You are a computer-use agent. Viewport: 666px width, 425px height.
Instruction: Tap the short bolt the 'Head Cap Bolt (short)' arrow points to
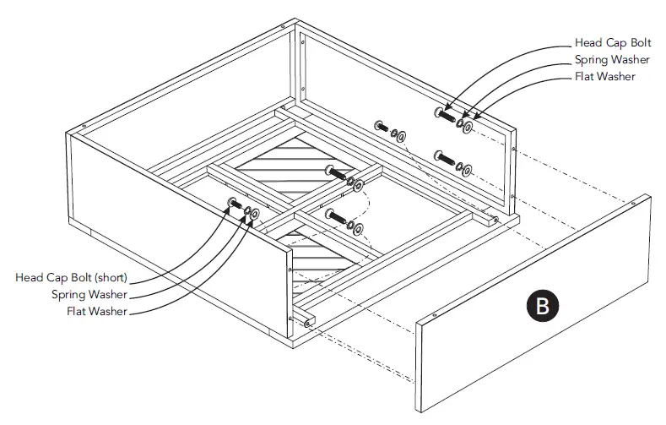coord(233,204)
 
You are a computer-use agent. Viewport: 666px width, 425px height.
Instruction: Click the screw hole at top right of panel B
coord(633,203)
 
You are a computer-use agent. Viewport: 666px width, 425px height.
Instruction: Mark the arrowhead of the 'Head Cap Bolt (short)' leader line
coord(229,206)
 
